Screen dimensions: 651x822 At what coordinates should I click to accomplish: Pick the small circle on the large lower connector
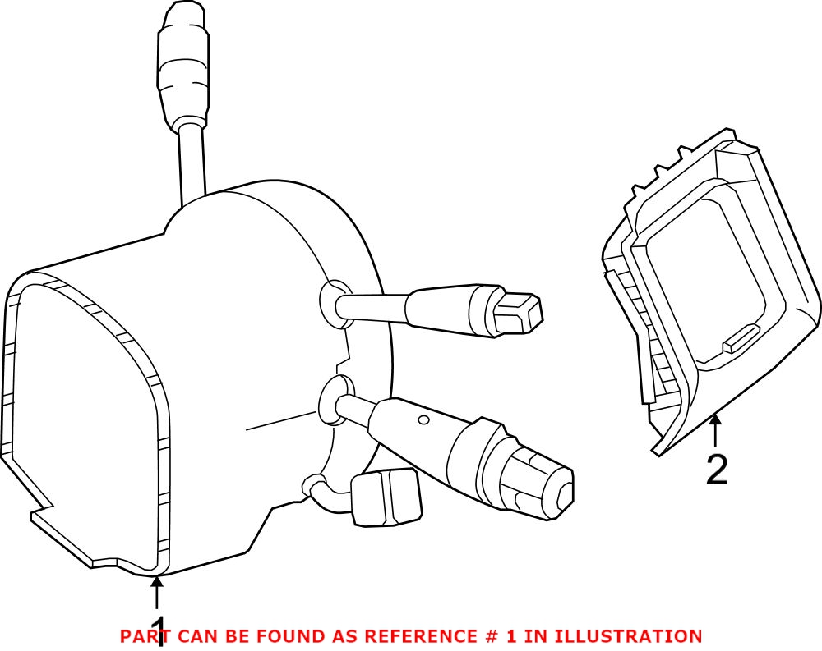click(423, 420)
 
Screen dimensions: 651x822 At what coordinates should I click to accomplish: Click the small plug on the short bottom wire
click(386, 497)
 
